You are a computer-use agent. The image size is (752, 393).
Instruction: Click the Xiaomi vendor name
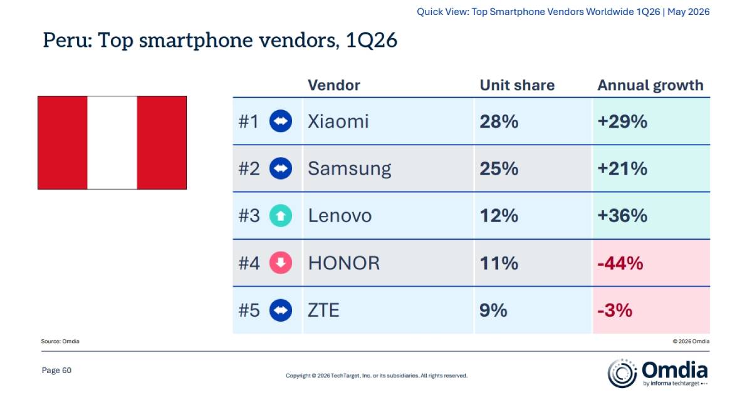[338, 121]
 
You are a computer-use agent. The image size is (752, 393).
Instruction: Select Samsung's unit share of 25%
[499, 169]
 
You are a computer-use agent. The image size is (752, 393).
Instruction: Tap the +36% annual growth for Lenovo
[622, 216]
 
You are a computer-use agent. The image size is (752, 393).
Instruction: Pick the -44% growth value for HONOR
[620, 263]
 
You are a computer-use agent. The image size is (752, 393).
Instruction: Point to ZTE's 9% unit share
[493, 310]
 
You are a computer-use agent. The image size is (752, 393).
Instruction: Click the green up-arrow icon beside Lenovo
[281, 216]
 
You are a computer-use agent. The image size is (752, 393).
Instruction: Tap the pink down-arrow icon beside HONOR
[281, 263]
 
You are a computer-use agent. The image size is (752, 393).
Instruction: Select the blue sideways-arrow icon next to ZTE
[281, 310]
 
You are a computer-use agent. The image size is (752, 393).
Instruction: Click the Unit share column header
[517, 85]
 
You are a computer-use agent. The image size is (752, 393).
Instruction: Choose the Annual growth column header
[650, 86]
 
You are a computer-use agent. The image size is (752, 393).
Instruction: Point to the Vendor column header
[334, 85]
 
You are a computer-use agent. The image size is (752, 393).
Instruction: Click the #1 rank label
[248, 121]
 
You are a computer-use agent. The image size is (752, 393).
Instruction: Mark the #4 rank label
[249, 263]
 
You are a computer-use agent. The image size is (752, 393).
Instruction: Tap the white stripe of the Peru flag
[112, 143]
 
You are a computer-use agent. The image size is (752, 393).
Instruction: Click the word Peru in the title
[68, 40]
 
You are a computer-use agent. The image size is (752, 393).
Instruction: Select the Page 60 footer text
[56, 370]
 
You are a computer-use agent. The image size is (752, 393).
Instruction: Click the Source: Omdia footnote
[60, 341]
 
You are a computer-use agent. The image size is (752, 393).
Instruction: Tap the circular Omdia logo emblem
[622, 373]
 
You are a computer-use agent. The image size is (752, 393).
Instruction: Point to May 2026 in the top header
[688, 12]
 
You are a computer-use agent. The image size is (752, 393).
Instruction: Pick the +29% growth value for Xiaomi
[622, 121]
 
